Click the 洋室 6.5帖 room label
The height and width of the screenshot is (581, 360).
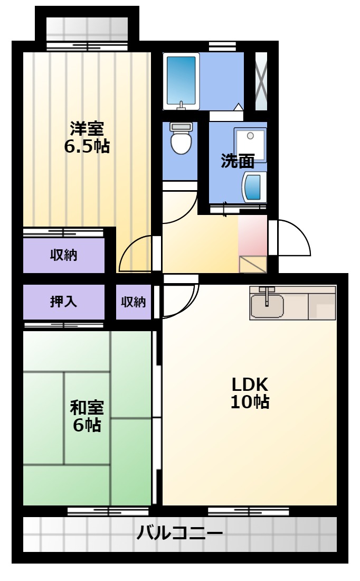point(87,137)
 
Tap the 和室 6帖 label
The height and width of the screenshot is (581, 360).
point(87,416)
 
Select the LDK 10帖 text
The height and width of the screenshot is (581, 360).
point(250,393)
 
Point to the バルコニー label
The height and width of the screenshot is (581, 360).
point(179,533)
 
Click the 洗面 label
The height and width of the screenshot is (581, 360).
point(238,161)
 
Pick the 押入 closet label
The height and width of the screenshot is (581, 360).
point(64,302)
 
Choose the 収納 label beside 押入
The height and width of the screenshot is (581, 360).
point(134,302)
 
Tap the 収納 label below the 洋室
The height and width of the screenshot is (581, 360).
point(64,255)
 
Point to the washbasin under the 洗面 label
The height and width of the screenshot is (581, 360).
point(254,186)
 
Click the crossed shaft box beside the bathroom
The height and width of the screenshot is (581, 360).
point(261,81)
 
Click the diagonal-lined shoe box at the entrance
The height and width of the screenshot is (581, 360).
point(253,264)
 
